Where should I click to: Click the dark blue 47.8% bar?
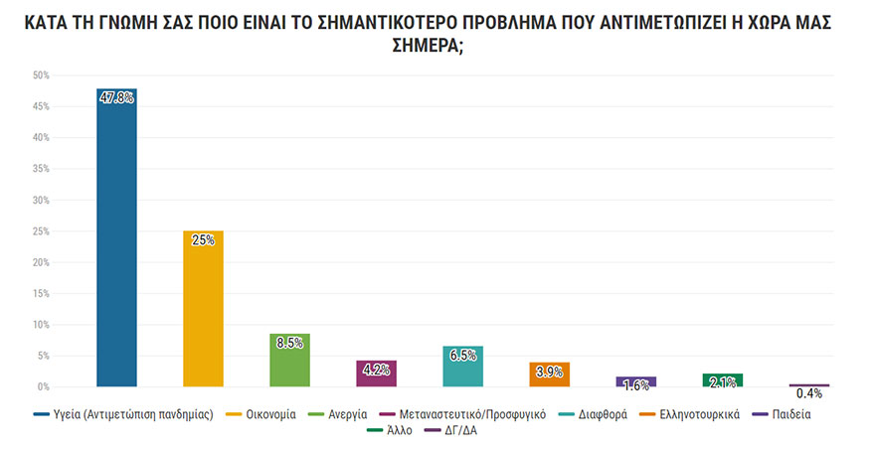click(x=116, y=238)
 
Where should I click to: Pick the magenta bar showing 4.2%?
click(x=376, y=374)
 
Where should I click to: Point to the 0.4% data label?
click(x=809, y=394)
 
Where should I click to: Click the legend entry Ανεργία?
click(x=347, y=414)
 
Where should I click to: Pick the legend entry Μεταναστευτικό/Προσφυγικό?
click(x=472, y=414)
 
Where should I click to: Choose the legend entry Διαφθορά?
click(x=603, y=414)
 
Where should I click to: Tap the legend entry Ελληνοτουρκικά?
click(x=700, y=414)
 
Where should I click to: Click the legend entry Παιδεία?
click(x=790, y=414)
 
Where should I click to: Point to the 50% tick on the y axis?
click(x=41, y=75)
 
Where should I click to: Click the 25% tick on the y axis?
click(x=41, y=231)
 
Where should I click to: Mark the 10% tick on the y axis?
click(x=41, y=325)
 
